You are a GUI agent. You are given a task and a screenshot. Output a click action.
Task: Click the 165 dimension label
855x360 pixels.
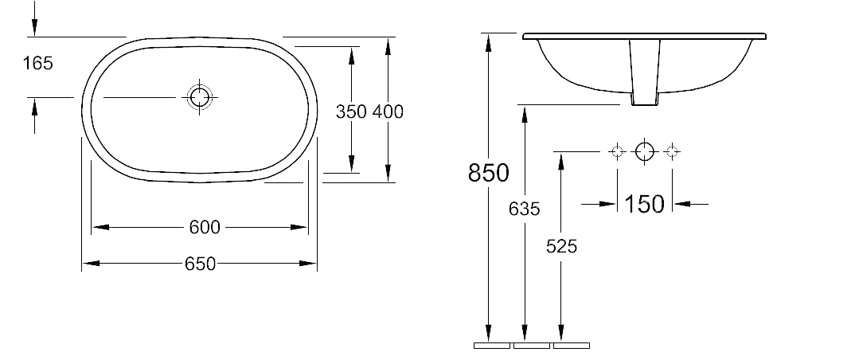(x=37, y=63)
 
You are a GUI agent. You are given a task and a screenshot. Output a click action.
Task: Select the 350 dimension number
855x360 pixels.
(x=350, y=112)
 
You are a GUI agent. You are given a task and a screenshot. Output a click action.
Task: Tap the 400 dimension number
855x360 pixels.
(x=388, y=112)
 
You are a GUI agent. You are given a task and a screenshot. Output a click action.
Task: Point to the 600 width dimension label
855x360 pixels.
(x=205, y=228)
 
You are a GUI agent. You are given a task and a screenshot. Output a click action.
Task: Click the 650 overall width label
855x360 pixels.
(x=200, y=264)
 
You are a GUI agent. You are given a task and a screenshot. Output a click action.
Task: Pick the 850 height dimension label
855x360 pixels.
(x=489, y=173)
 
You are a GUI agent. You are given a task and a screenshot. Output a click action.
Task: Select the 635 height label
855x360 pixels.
(x=524, y=209)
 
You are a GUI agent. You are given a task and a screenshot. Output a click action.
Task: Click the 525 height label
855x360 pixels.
(x=561, y=247)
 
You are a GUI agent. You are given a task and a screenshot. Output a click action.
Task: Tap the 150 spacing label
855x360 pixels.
(x=644, y=204)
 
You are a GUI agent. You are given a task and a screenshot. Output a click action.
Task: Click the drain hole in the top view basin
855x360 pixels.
(x=200, y=97)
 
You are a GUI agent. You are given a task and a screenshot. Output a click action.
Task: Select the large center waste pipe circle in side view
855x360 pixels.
(x=645, y=151)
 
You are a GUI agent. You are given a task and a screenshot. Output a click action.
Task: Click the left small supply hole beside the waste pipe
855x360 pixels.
(x=617, y=151)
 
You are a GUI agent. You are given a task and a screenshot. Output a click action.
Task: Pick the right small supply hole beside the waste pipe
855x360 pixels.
(x=673, y=151)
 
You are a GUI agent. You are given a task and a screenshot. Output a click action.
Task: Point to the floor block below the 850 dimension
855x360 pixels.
(x=492, y=346)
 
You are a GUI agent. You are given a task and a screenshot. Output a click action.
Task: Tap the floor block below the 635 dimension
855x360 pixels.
(x=532, y=346)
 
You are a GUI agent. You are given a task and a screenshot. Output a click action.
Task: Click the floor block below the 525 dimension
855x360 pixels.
(x=572, y=346)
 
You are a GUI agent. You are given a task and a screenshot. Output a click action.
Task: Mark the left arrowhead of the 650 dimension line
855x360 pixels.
(x=91, y=264)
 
